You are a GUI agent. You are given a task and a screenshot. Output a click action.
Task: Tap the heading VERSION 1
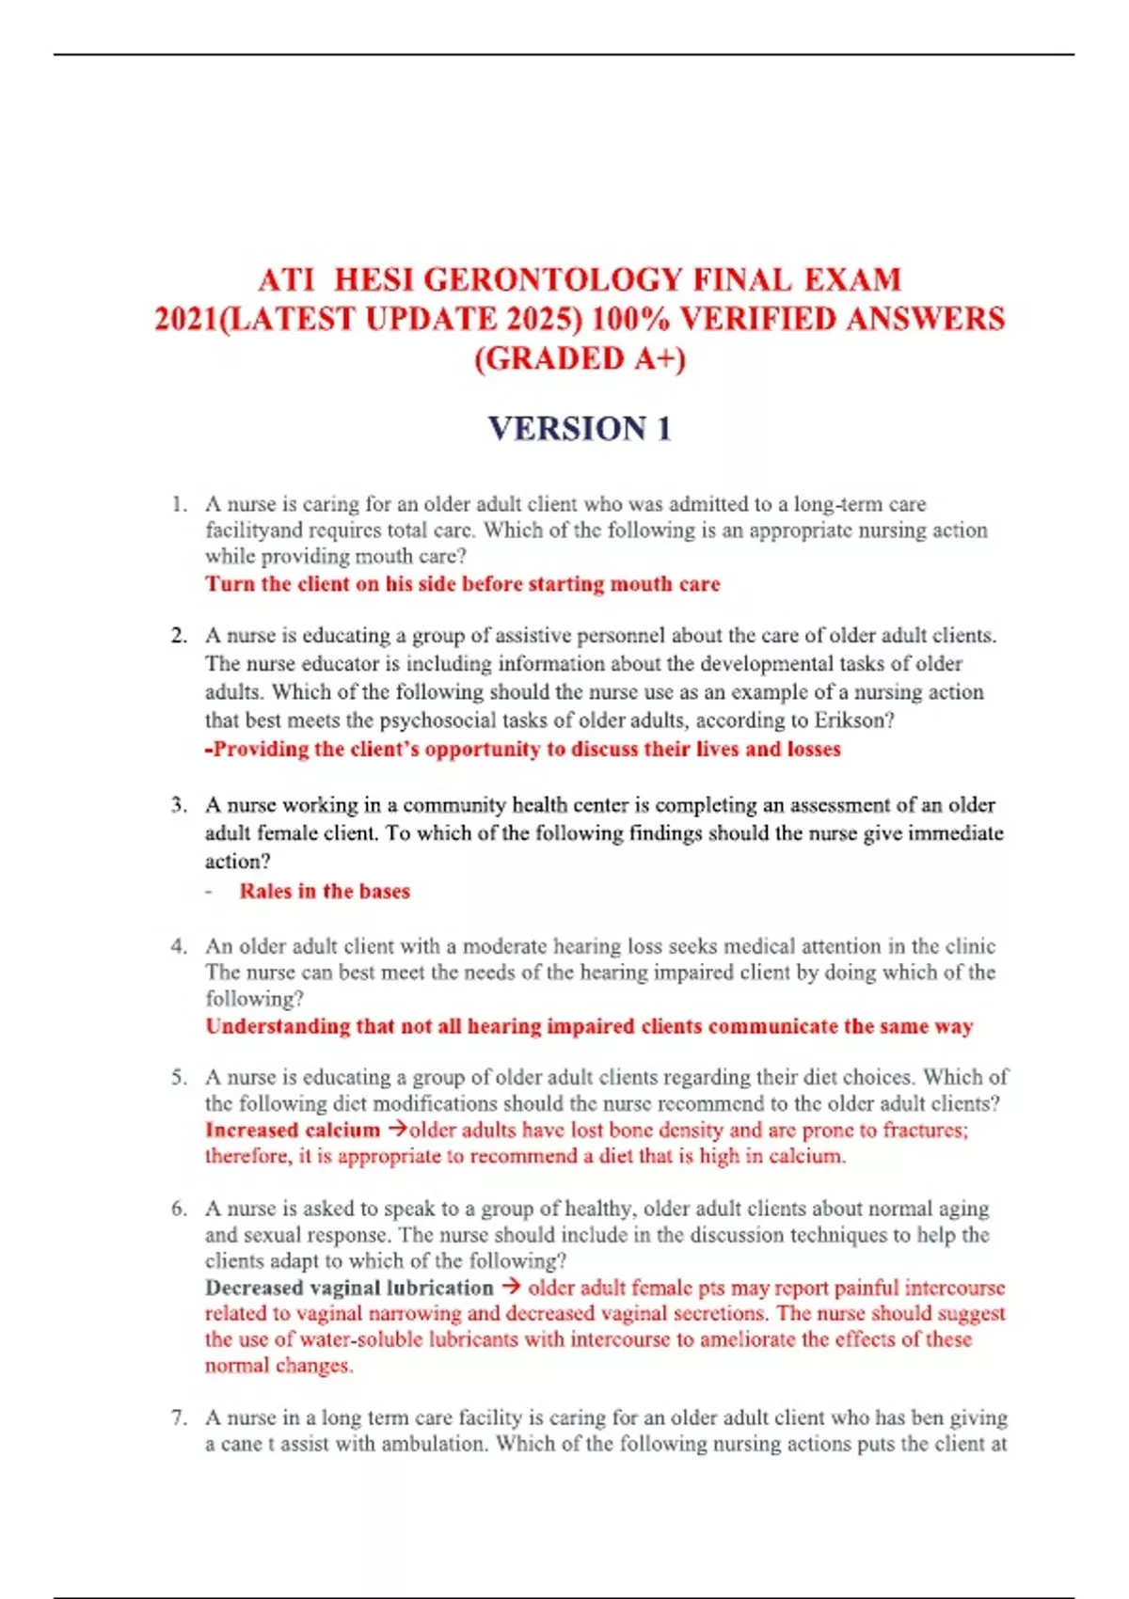click(x=580, y=429)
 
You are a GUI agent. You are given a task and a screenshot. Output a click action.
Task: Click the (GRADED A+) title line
click(x=580, y=359)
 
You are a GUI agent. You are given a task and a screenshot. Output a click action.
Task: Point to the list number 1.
click(x=179, y=504)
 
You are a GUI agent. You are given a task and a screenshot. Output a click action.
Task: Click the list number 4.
click(x=179, y=946)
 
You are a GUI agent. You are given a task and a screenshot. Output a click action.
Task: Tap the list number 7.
click(x=179, y=1417)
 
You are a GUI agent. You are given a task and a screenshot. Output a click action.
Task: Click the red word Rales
click(x=265, y=892)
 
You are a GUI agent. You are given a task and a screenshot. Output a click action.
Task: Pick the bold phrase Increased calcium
click(x=293, y=1131)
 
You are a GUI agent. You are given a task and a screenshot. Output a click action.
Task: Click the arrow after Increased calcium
click(x=397, y=1130)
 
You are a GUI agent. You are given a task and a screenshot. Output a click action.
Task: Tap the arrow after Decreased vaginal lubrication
click(x=511, y=1287)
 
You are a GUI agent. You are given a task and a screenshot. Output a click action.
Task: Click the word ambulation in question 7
click(x=433, y=1444)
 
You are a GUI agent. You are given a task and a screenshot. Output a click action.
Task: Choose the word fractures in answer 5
click(x=924, y=1131)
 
